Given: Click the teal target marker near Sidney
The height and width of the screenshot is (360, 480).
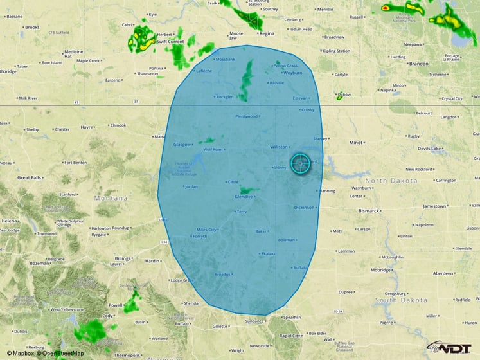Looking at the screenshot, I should tap(300, 163).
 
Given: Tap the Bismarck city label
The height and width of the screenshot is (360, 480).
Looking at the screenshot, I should tap(369, 210).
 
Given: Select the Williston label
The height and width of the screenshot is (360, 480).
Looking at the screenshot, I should tap(279, 147).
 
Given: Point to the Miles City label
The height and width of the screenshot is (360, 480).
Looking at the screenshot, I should tap(206, 230).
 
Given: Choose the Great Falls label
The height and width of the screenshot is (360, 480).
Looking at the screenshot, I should tap(30, 177).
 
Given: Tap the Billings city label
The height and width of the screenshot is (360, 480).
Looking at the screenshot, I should tap(122, 258).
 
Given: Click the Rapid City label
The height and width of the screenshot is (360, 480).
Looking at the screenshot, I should tap(290, 336).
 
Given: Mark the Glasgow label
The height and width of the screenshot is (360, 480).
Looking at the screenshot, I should tap(182, 145).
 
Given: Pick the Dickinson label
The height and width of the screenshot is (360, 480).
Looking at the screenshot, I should tap(304, 208).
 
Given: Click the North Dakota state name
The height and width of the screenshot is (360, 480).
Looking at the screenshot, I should tap(391, 181).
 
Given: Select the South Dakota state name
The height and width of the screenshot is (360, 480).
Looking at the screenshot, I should tap(402, 300).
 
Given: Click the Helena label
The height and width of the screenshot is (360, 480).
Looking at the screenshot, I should tap(10, 221).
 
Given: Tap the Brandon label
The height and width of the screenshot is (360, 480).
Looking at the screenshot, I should tap(418, 64).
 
